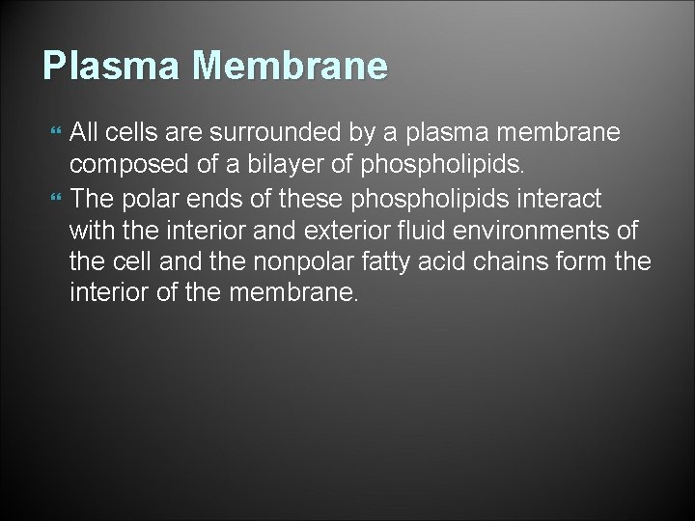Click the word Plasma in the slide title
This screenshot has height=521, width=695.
pyautogui.click(x=107, y=67)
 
